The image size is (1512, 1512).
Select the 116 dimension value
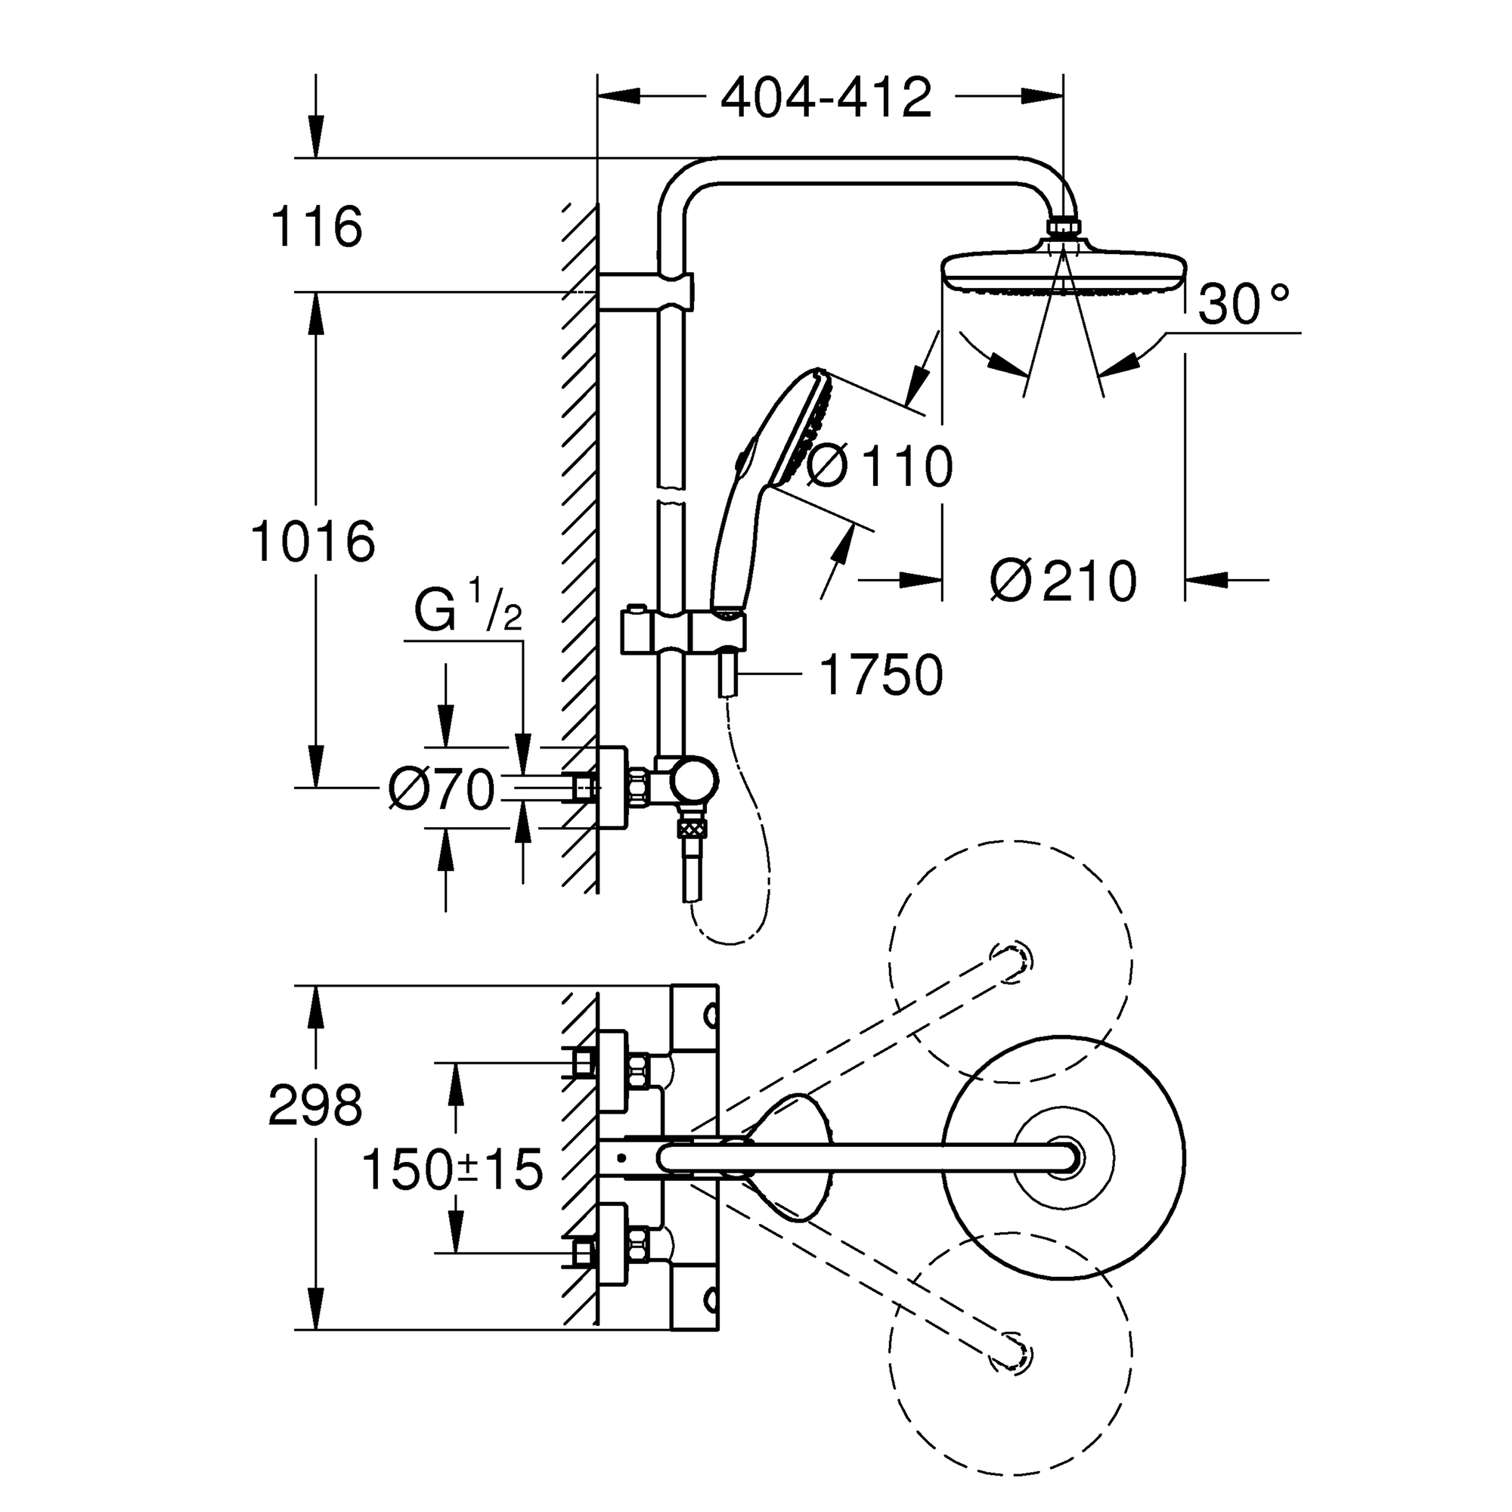coord(316,227)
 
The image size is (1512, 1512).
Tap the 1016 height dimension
coord(313,541)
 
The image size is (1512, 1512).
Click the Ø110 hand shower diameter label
coord(878,467)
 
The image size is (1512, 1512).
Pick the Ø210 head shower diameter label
coord(1062,581)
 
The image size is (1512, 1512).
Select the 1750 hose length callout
coord(881,675)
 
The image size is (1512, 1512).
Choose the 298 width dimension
coord(314,1106)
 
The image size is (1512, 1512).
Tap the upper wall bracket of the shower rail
coord(646,292)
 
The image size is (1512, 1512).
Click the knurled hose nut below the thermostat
coord(692,827)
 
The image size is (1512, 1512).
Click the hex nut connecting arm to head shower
coord(1063,227)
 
